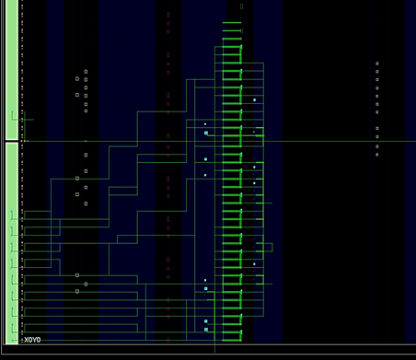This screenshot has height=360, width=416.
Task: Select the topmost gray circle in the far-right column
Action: [x=377, y=64]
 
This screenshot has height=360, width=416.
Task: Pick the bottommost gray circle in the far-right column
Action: [x=377, y=155]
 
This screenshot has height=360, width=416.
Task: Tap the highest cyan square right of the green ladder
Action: [x=254, y=100]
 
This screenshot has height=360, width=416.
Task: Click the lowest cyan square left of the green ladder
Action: [x=206, y=330]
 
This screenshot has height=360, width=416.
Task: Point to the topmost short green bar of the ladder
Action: [x=232, y=23]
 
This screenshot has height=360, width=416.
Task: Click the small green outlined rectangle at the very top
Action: [x=241, y=6]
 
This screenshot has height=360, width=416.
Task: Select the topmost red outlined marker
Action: [x=168, y=15]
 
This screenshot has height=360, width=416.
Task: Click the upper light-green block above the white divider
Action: [x=12, y=69]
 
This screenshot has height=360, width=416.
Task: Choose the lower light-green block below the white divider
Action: [x=12, y=243]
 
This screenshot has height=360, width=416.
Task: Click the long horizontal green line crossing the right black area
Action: [x=340, y=142]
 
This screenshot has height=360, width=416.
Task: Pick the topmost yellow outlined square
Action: [x=86, y=72]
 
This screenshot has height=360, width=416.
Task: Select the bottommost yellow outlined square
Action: [x=77, y=291]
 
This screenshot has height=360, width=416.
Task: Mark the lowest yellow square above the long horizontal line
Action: [x=86, y=110]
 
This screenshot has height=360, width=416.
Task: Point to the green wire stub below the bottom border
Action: [x=214, y=349]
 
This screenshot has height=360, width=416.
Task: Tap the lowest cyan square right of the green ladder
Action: [x=254, y=264]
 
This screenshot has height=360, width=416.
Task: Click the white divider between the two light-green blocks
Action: [x=12, y=141]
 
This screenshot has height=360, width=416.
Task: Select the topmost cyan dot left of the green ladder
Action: [x=205, y=124]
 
